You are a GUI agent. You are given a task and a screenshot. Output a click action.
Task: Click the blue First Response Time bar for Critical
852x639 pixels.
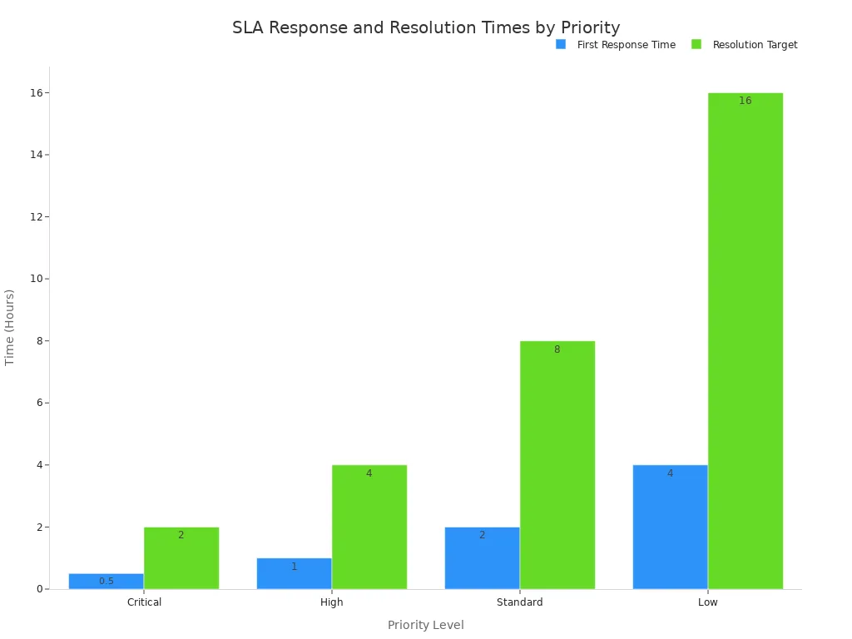[x=106, y=581]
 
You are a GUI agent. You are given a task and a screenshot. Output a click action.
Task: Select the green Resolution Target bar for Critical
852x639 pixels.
[x=181, y=557]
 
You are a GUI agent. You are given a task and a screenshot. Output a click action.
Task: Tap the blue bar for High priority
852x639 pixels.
[x=294, y=573]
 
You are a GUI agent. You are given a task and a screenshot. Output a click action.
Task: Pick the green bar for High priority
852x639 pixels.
[x=369, y=527]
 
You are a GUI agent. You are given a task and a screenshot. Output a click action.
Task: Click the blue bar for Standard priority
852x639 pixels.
[x=482, y=557]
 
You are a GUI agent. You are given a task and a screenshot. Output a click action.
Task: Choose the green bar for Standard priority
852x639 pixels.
[x=557, y=464]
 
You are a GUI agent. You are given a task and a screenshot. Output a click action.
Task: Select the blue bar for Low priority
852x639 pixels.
[x=670, y=527]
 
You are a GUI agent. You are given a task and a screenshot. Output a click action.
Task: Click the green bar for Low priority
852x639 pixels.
[x=745, y=341]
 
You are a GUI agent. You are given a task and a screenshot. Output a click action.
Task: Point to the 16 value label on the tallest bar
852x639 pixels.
[x=745, y=101]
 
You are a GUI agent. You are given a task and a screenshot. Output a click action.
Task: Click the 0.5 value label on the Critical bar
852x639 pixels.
[x=106, y=581]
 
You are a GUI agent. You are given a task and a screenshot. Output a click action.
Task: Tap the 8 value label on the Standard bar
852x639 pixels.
[x=557, y=349]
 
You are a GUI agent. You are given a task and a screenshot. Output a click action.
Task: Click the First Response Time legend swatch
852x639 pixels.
[x=561, y=44]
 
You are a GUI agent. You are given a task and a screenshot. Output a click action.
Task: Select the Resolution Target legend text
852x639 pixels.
[x=755, y=45]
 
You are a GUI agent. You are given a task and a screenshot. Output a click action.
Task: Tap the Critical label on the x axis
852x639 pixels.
[x=144, y=602]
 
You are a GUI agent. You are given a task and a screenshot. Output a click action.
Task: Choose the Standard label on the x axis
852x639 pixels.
[x=519, y=602]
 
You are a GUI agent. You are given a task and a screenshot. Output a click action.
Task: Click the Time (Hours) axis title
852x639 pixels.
[x=10, y=327]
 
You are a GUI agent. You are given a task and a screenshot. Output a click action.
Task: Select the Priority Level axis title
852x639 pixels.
[x=425, y=625]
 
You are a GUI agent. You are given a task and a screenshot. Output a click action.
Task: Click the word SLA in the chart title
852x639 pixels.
[x=247, y=27]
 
